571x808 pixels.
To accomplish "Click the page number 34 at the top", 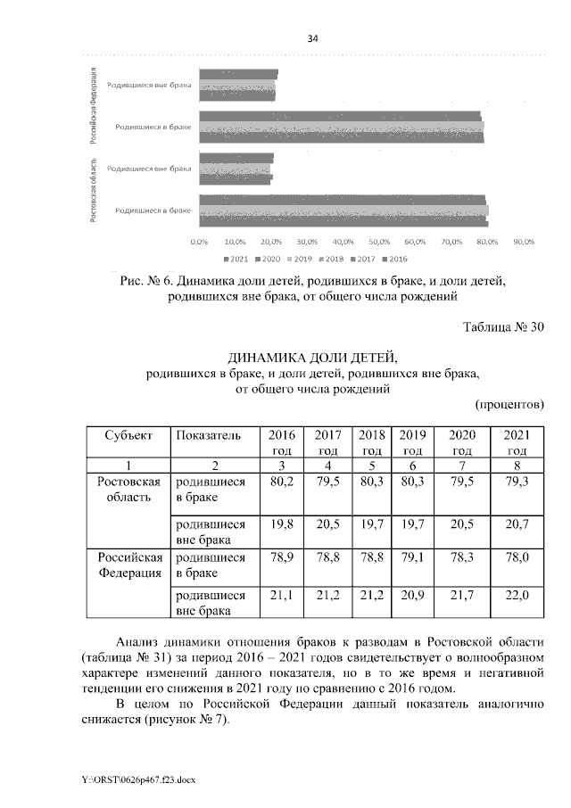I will click(x=312, y=38).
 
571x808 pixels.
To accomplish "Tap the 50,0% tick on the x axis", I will click(x=379, y=242).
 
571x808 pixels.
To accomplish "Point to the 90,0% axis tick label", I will click(x=523, y=242).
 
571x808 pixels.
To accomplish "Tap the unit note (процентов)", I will click(x=509, y=404).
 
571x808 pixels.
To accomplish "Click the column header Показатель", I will click(x=209, y=435).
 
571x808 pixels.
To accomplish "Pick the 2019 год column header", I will click(x=411, y=442).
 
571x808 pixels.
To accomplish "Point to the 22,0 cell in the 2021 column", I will click(x=517, y=595).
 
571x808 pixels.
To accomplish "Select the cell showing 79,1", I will click(x=411, y=557).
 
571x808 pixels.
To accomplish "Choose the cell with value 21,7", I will click(x=461, y=595).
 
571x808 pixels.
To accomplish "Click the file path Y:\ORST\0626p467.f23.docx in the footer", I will click(x=137, y=779).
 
